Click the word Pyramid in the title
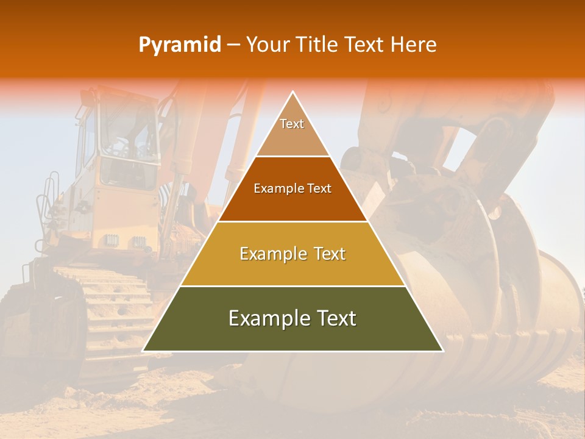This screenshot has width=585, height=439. pos(180,45)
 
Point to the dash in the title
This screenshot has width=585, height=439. pos(233,45)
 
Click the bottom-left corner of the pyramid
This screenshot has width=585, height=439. pos(143,351)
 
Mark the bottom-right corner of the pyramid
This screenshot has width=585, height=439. pos(442,351)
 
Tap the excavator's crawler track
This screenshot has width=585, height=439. pos(110,305)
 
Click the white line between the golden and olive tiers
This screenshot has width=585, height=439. pos(292,286)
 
